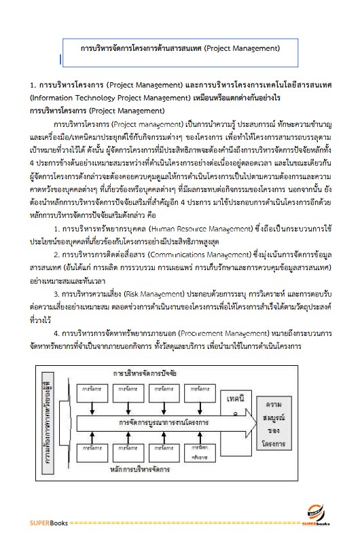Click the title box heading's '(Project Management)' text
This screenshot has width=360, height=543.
click(241, 49)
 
